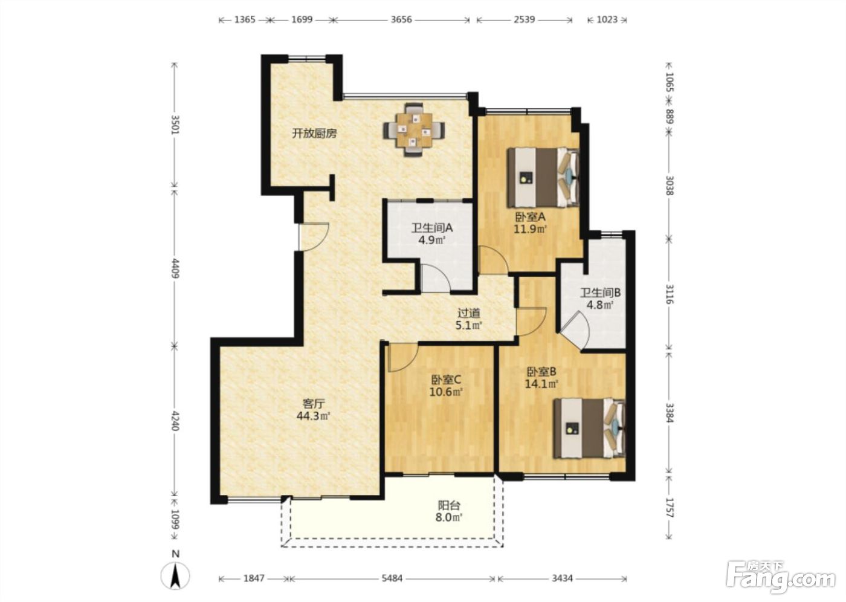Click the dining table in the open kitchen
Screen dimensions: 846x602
pos(414,129)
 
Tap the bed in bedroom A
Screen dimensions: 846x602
pos(543,177)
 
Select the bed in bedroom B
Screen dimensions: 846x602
pos(590,429)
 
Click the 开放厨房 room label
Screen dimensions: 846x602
pos(314,134)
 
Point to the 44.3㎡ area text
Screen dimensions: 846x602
pos(314,416)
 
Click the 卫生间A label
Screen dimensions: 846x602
pos(431,228)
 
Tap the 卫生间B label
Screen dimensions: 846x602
pos(601,293)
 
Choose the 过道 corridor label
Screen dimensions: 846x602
pos(469,313)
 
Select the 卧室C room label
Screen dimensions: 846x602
pos(446,379)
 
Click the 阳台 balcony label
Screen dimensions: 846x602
pos(449,505)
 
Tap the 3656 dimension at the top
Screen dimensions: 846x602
pos(401,19)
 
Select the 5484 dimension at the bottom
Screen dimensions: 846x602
pos(392,578)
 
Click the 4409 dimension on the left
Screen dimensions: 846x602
pos(175,268)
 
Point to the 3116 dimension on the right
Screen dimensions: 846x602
pos(670,294)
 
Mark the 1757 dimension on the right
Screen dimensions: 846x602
pos(670,508)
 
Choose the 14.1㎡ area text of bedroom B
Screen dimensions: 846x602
pos(541,384)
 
